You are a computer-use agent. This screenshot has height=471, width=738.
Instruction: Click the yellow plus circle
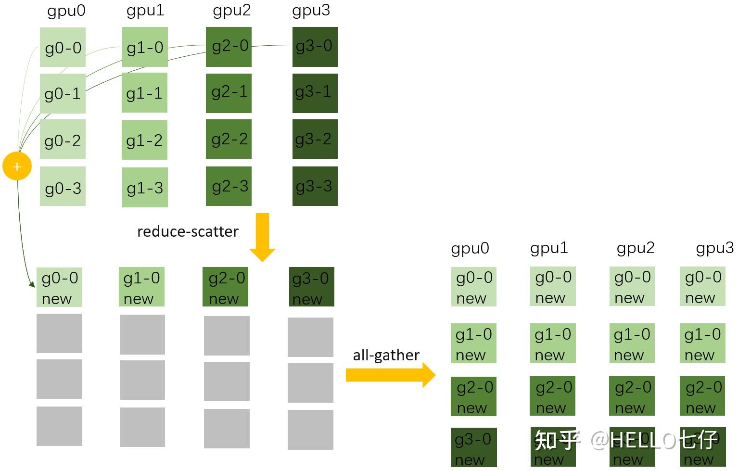click(x=17, y=166)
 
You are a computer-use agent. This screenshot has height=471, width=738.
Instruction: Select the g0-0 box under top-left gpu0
click(x=63, y=47)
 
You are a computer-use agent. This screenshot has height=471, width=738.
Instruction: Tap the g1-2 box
click(x=144, y=140)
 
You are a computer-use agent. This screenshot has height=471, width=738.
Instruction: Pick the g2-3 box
click(x=229, y=186)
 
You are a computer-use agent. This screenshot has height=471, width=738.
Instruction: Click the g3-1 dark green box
click(x=315, y=93)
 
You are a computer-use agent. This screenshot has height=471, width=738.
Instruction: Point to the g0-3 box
click(x=63, y=187)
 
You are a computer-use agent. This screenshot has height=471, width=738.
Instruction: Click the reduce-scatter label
click(x=188, y=231)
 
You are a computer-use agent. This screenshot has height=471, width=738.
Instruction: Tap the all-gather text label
click(x=386, y=355)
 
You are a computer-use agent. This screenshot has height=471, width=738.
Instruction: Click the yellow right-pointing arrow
click(x=390, y=375)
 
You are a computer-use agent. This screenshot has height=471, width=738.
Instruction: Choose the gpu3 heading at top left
click(x=311, y=11)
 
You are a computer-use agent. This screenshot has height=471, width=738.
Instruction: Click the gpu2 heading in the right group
click(x=635, y=248)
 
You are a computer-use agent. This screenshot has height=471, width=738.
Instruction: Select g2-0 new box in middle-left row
click(x=225, y=287)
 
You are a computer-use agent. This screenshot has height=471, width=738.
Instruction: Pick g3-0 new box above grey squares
click(x=311, y=287)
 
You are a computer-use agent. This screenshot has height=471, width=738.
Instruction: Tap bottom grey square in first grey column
click(x=59, y=426)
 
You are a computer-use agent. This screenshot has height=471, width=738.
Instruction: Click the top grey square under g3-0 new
click(x=310, y=337)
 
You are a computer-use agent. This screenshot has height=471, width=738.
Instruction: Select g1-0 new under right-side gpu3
click(x=702, y=344)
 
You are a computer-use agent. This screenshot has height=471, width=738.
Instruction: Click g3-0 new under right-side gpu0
click(x=473, y=447)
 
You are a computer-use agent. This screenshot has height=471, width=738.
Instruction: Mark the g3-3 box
click(x=315, y=186)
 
